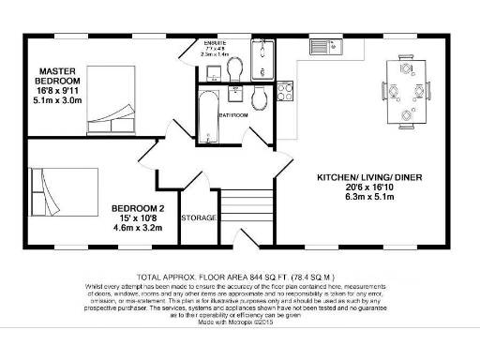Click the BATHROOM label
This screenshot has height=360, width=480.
[232, 115]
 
